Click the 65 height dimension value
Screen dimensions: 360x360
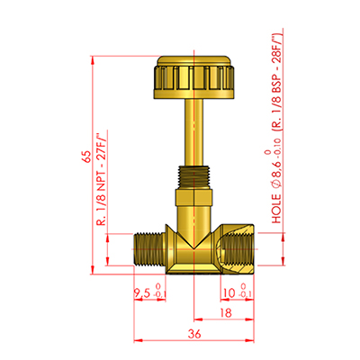[x=86, y=157]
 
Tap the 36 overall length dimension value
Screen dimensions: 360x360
[x=194, y=334]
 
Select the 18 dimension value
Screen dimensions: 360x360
[x=226, y=313]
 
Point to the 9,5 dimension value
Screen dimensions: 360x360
[x=141, y=292]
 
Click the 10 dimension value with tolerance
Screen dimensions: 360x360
[x=229, y=292]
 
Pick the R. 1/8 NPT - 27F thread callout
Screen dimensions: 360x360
[x=102, y=178]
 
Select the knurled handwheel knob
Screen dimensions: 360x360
[x=194, y=76]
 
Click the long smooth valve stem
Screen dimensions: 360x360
[x=193, y=132]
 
